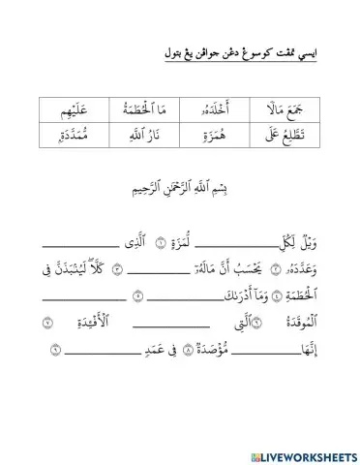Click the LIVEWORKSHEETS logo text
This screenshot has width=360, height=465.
pos(302,449)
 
